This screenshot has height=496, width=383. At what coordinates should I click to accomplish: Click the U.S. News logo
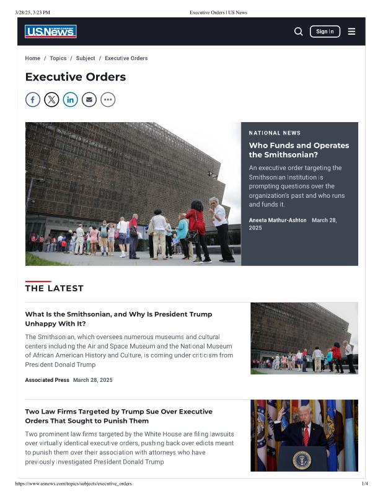click(51, 32)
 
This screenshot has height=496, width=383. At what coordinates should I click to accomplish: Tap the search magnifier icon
click(298, 32)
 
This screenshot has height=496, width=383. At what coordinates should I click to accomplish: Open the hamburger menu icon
click(351, 32)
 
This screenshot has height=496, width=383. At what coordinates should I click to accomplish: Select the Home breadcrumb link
click(32, 58)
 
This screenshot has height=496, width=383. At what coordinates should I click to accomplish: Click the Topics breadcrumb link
click(58, 58)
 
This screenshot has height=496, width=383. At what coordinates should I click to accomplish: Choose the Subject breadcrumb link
click(86, 58)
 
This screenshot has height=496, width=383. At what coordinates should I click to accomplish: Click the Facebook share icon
click(33, 99)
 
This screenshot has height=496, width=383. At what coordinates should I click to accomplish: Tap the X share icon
click(51, 99)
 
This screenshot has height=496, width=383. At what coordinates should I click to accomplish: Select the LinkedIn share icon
click(70, 99)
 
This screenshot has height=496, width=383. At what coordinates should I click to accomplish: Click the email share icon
click(89, 99)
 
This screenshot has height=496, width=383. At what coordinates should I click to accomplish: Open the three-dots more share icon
click(108, 99)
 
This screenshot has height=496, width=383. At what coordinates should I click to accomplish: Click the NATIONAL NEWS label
click(275, 133)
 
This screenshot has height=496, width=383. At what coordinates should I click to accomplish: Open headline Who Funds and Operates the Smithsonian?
click(299, 150)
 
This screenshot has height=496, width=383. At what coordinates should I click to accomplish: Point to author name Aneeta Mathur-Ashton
click(278, 220)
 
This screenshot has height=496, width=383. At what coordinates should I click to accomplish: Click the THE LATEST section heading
click(54, 288)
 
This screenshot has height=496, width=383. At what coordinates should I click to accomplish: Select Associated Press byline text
click(47, 379)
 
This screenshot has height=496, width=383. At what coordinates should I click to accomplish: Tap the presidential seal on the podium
click(302, 459)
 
